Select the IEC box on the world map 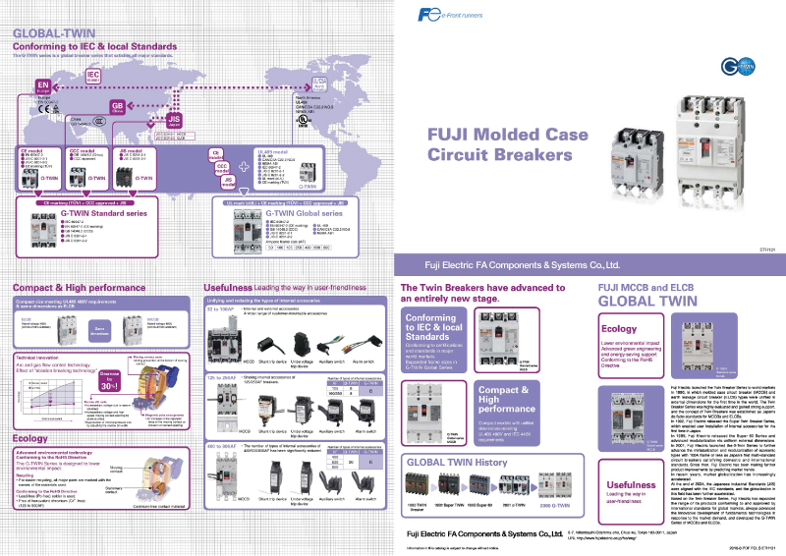coord(93,75)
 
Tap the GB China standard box coord(117,105)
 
